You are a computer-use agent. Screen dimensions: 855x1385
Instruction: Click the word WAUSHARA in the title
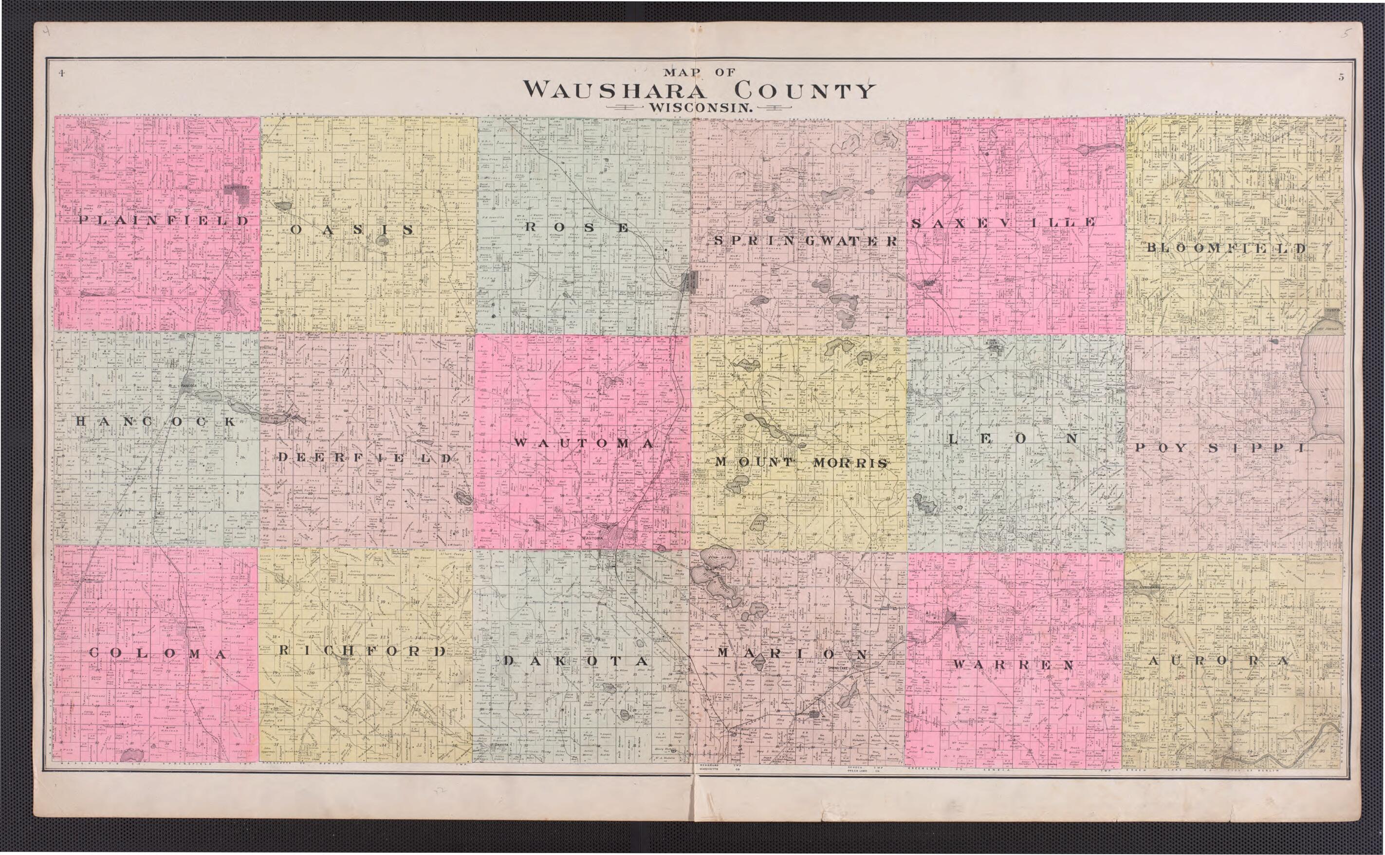tap(608, 91)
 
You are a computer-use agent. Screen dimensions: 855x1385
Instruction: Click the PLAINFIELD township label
tap(164, 220)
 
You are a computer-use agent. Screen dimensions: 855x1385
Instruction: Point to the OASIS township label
tap(352, 230)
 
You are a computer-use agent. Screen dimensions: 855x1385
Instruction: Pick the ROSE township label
tap(577, 227)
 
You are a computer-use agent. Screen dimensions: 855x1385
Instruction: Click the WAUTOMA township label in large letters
tap(583, 444)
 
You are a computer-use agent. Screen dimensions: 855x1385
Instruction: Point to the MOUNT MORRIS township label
tap(801, 462)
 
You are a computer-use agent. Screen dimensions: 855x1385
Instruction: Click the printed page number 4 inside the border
tap(59, 73)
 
